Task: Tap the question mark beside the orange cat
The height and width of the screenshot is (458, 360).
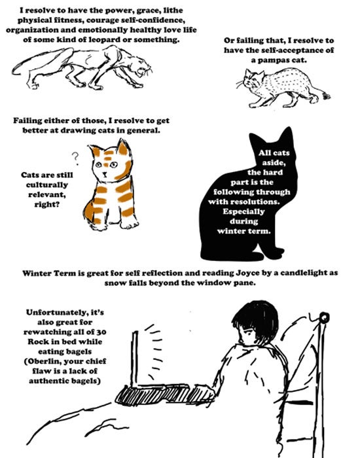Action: (x=75, y=158)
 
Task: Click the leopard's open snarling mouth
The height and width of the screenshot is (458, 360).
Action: (x=145, y=71)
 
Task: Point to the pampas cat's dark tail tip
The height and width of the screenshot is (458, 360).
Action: (x=326, y=96)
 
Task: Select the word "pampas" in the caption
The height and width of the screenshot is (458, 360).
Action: (x=274, y=60)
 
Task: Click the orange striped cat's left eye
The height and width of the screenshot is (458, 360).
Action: (x=99, y=165)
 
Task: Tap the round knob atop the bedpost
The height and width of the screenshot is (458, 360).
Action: (x=324, y=317)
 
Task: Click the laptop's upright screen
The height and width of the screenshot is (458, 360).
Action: (x=135, y=359)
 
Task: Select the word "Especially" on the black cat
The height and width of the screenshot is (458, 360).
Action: (x=243, y=211)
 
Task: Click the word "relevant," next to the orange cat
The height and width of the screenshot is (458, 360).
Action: (x=46, y=194)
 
